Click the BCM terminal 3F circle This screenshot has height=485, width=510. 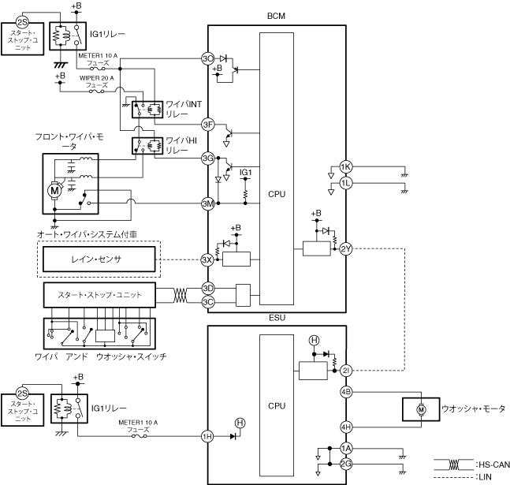[208, 125]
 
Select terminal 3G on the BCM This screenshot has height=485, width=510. [208, 159]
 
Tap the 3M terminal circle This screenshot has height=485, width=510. [208, 203]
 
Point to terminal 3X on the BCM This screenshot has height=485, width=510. [207, 259]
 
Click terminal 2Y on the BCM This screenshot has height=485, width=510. [346, 249]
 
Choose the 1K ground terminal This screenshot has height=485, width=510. [346, 167]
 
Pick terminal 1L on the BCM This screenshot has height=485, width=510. [346, 183]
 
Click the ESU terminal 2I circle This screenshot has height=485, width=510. [346, 371]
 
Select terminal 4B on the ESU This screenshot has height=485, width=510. [346, 392]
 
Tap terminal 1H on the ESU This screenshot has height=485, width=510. [207, 436]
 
